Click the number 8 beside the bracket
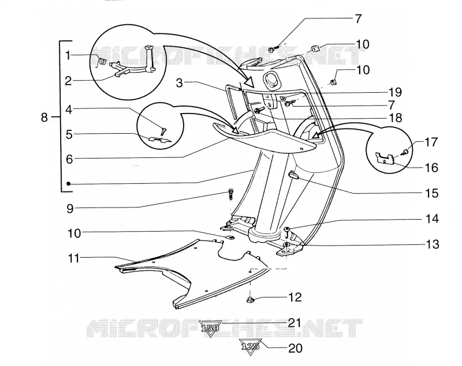pos(44,118)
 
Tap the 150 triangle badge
pos(211,328)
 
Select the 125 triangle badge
pos(251,346)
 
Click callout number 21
pos(295,323)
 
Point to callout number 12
pos(296,297)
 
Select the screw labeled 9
pos(230,194)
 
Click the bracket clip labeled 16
pos(386,158)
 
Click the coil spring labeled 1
pos(102,62)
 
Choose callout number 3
pos(180,83)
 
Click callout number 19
pos(396,92)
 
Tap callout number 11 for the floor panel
pos(74,259)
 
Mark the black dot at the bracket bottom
pos(68,184)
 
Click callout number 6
pos(69,159)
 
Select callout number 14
pos(432,218)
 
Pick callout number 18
pos(396,118)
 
